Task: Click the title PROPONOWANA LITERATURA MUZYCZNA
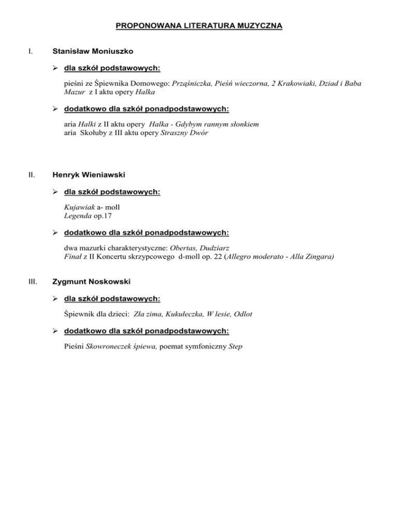[199, 24]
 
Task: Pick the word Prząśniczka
[193, 83]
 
